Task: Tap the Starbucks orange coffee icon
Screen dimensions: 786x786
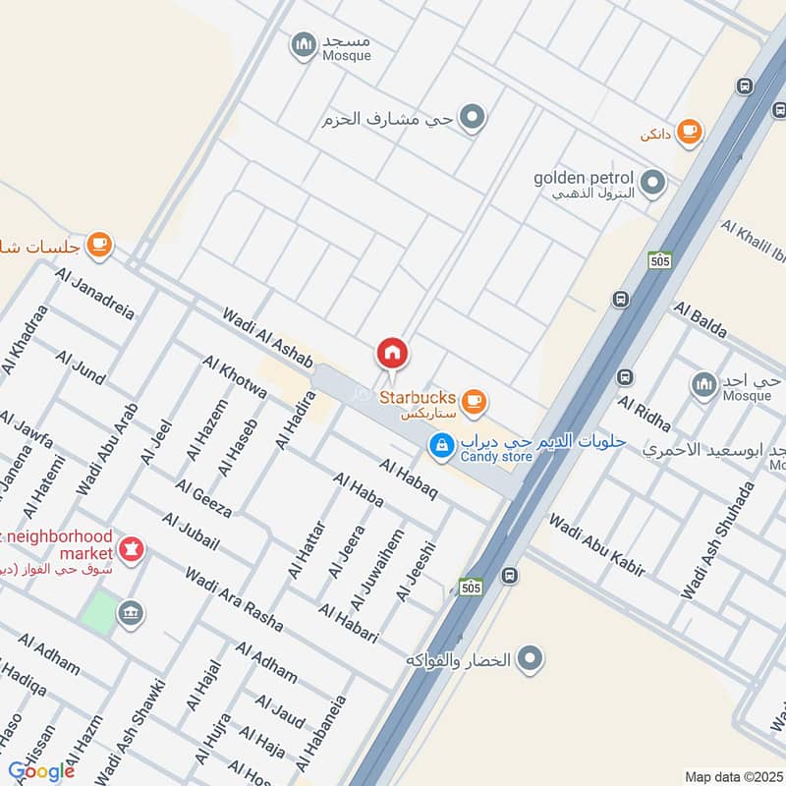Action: (474, 400)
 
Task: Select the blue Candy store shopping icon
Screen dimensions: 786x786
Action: (442, 445)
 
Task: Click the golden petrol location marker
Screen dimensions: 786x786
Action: (651, 182)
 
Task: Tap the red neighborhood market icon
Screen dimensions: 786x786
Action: (130, 546)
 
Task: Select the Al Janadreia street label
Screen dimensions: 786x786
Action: (95, 294)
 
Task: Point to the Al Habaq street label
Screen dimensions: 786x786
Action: (407, 479)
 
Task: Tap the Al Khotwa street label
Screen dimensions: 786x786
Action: (235, 377)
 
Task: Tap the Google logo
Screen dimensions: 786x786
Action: (41, 771)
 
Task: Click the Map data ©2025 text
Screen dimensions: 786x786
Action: (734, 776)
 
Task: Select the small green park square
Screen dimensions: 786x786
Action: (97, 611)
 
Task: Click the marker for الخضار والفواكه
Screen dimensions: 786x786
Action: (530, 658)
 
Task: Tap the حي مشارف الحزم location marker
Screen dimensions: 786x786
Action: (474, 119)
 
